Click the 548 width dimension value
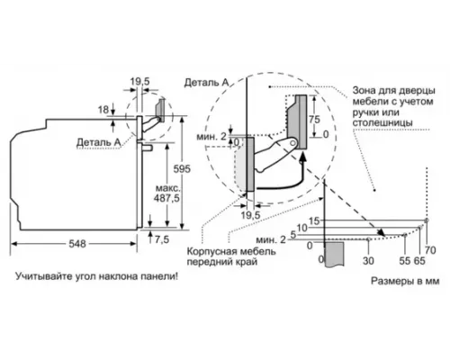click(x=79, y=243)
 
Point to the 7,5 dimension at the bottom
click(x=161, y=239)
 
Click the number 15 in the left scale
click(x=313, y=220)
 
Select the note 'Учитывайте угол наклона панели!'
click(x=97, y=275)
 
